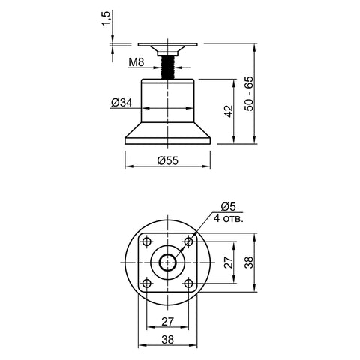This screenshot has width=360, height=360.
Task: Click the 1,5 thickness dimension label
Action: (106, 19)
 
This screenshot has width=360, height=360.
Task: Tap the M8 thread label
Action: (136, 62)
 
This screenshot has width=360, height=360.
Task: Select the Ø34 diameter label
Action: (121, 103)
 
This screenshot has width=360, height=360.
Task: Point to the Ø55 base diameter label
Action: (168, 160)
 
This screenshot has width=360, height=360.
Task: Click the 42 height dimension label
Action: (229, 111)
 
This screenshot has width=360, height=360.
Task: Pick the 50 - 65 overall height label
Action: (249, 94)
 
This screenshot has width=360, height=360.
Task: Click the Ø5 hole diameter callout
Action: (228, 207)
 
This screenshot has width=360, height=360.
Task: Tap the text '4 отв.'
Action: (229, 219)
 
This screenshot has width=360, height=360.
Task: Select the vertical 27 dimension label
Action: (229, 262)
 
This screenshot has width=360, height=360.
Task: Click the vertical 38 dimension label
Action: (249, 262)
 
